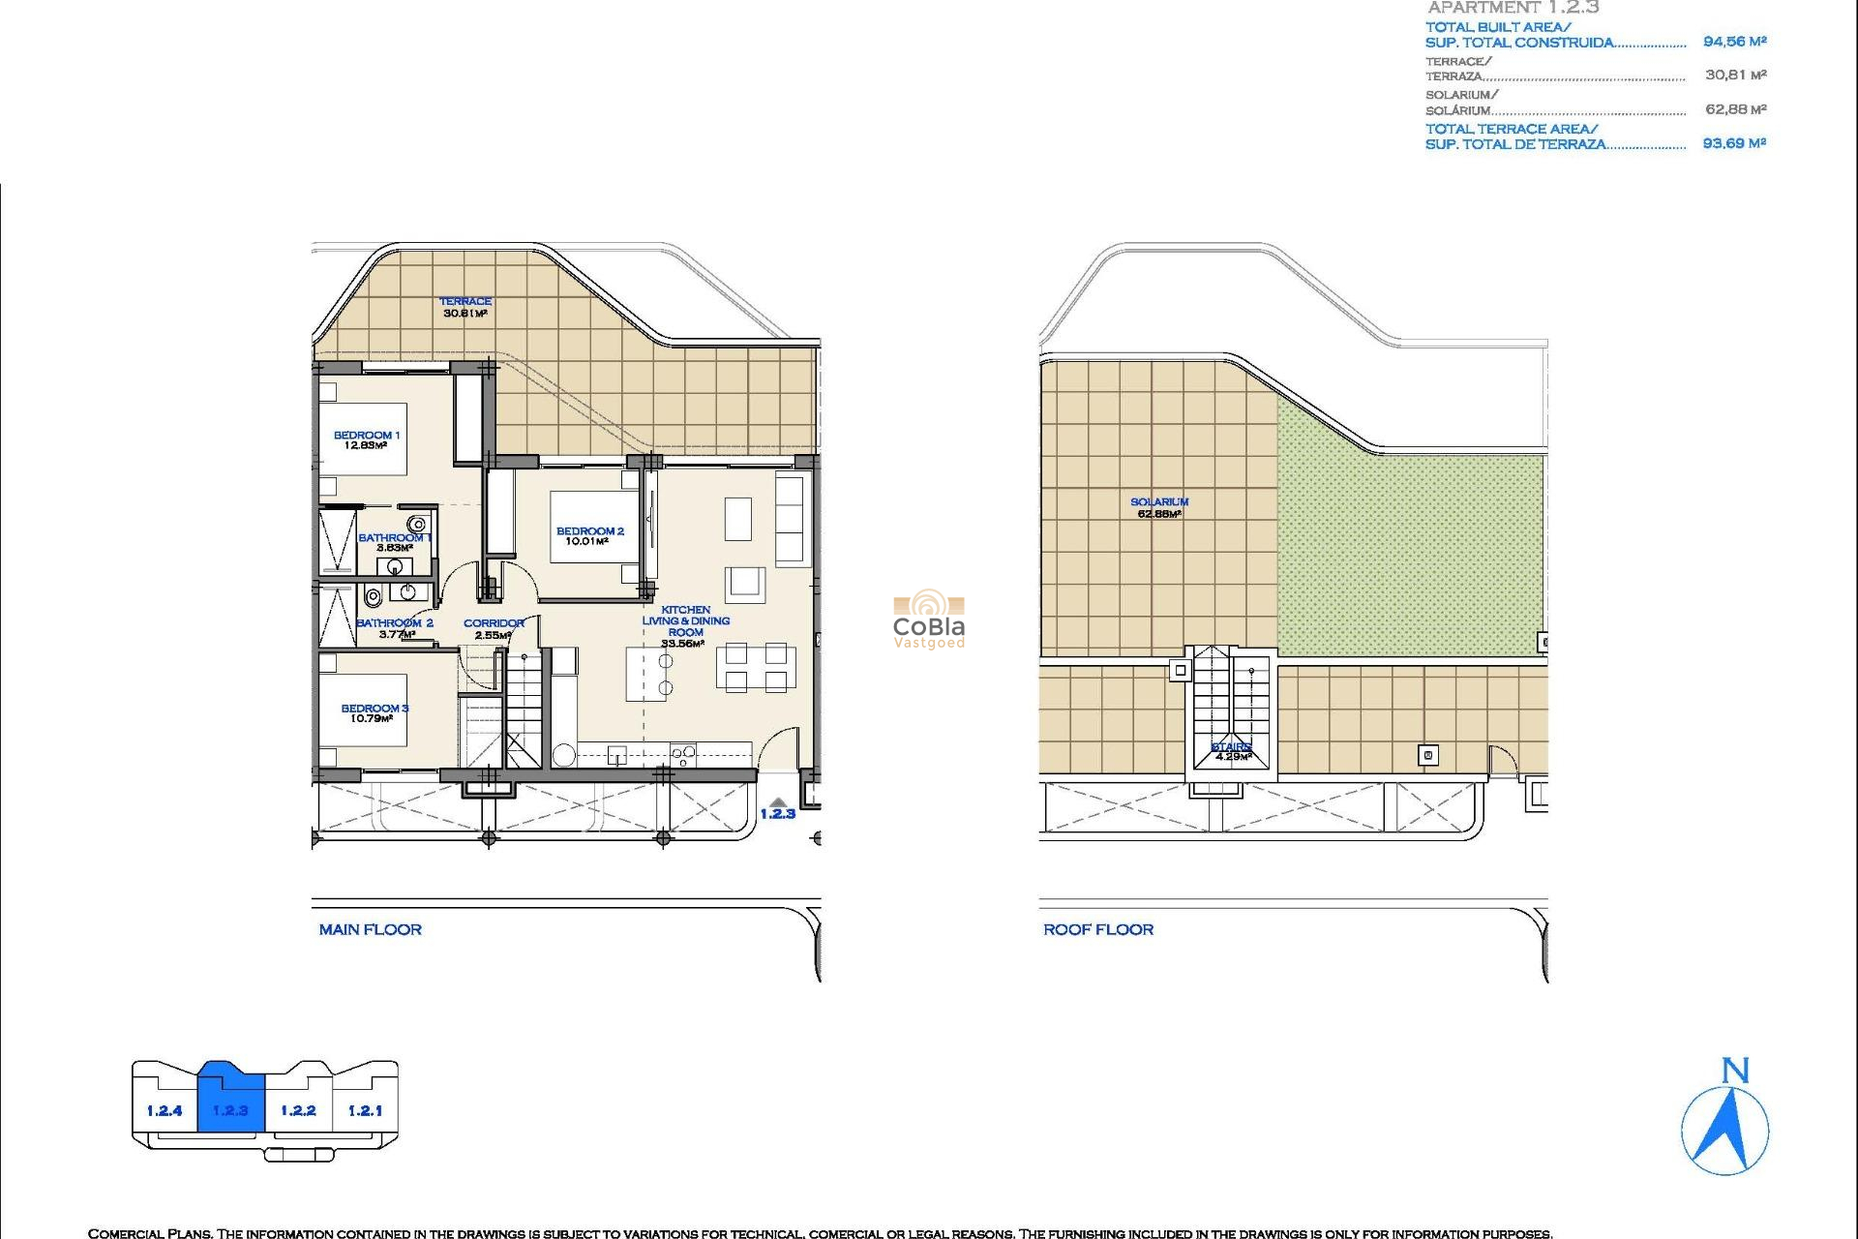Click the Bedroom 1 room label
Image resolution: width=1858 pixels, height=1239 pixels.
[x=366, y=440]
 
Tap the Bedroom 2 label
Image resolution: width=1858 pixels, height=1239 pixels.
[x=589, y=536]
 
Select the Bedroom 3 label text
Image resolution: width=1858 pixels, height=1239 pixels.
[x=374, y=713]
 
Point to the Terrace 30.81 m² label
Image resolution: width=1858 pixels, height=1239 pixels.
[x=465, y=307]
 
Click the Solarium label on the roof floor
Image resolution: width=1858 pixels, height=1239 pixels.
[x=1159, y=507]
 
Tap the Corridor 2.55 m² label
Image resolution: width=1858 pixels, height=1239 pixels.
[x=494, y=629]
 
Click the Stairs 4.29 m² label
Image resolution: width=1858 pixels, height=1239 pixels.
[x=1231, y=751]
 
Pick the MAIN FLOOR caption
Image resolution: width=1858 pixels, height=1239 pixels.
[x=371, y=929]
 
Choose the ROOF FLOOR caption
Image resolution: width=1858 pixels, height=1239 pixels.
[x=1098, y=929]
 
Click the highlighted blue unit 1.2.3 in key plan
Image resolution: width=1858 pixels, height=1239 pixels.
[x=230, y=1110]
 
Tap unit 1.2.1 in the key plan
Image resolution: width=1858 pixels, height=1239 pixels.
[x=365, y=1110]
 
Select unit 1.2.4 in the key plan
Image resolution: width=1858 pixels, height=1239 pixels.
[x=165, y=1110]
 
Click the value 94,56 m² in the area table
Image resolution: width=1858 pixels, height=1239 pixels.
[x=1734, y=42]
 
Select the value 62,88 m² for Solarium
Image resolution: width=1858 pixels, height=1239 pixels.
[x=1735, y=109]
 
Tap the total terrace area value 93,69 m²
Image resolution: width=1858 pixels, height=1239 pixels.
[x=1734, y=143]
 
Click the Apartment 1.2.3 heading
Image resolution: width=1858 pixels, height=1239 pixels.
[x=1513, y=8]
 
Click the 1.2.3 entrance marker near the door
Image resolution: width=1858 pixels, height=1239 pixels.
[x=777, y=811]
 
